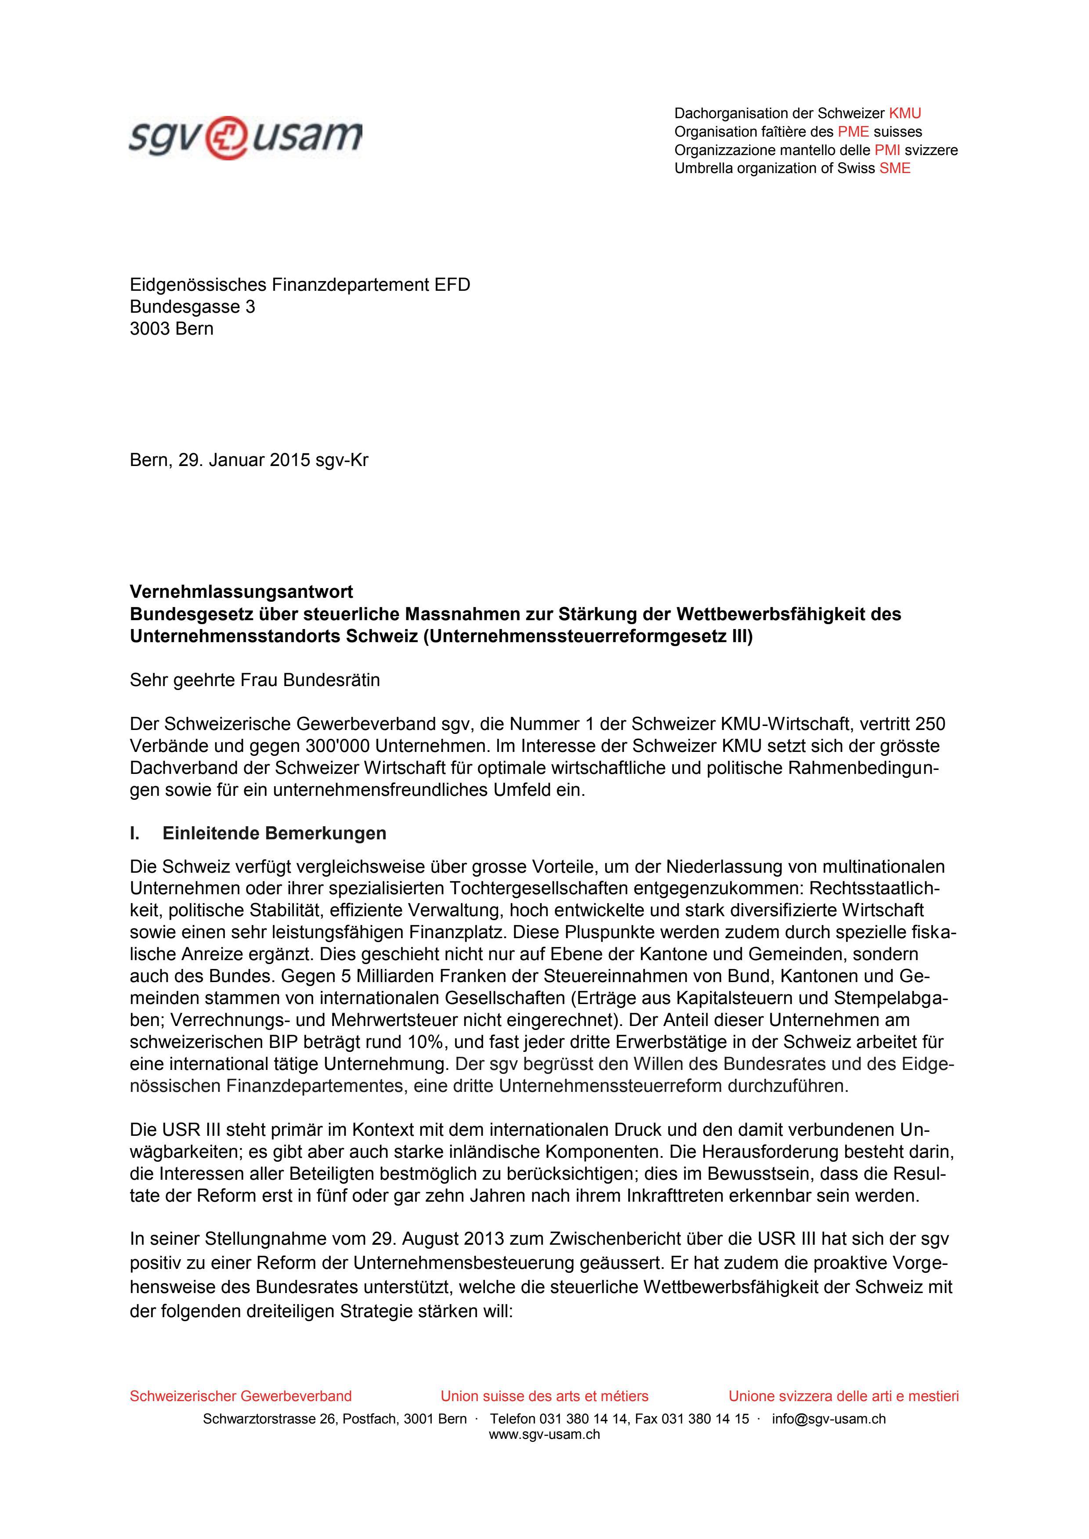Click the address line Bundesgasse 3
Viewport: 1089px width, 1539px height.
[x=192, y=307]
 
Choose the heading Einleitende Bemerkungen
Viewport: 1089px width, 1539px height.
[x=274, y=834]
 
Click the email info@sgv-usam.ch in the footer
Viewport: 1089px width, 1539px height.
[x=829, y=1418]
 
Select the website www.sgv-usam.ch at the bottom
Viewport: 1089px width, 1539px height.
[x=544, y=1434]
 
